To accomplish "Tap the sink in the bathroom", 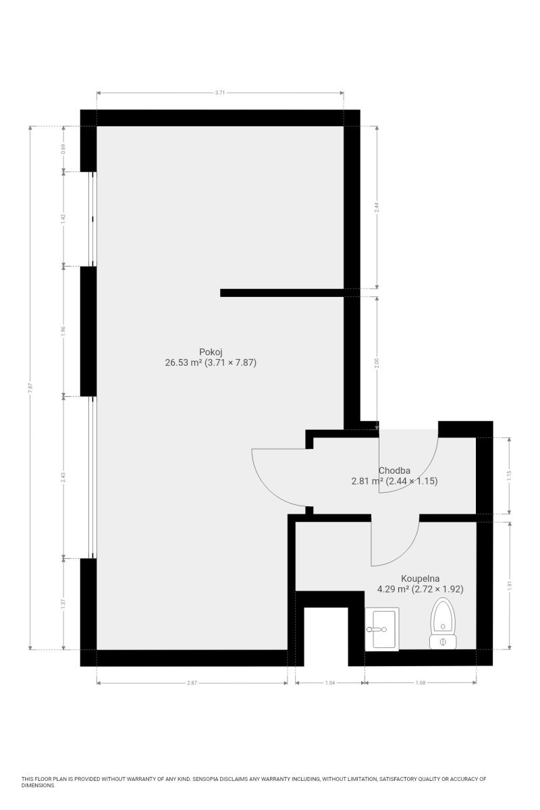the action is click(x=381, y=629).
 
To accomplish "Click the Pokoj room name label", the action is click(x=211, y=352).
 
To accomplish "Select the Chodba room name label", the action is click(x=394, y=470).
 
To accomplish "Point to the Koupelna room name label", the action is click(x=420, y=578).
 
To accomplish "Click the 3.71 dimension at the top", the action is click(x=219, y=92).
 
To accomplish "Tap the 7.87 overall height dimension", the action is click(x=31, y=387).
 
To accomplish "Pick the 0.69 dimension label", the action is click(x=63, y=149).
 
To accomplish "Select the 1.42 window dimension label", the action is click(x=63, y=219).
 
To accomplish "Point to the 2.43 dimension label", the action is click(x=63, y=477).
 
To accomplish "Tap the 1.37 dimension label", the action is click(x=63, y=604).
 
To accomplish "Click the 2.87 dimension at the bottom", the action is click(x=192, y=682).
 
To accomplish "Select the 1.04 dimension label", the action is click(x=330, y=682).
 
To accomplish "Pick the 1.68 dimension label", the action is click(x=421, y=682).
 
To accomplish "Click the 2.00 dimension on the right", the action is click(x=377, y=363).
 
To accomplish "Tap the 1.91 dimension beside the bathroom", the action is click(x=509, y=585).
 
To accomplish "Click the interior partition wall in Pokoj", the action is click(x=281, y=292).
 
